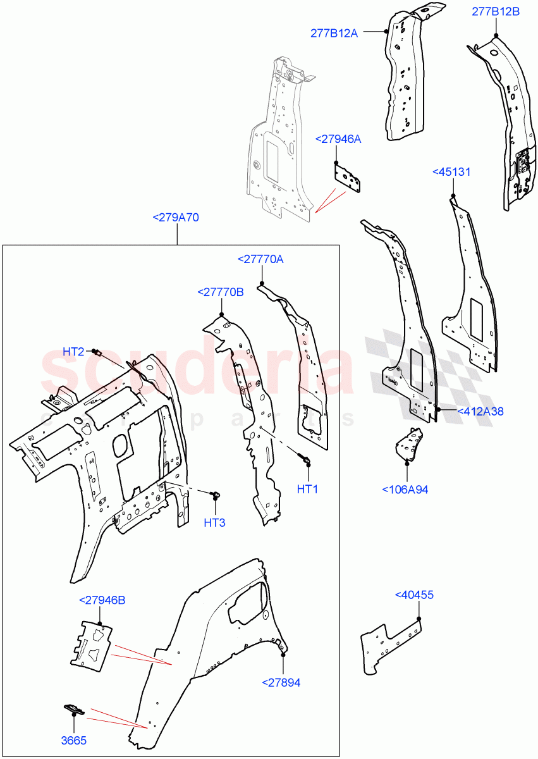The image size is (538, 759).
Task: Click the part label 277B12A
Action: pyautogui.click(x=334, y=34)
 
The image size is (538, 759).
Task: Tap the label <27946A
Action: pyautogui.click(x=338, y=139)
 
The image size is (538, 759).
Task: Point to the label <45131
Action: pyautogui.click(x=451, y=172)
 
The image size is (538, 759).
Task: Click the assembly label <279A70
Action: pyautogui.click(x=176, y=218)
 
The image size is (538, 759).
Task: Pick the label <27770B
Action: pyautogui.click(x=220, y=292)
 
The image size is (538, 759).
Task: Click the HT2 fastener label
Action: pyautogui.click(x=73, y=352)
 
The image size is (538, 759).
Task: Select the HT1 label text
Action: pyautogui.click(x=308, y=489)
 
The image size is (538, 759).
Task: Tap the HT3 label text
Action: pyautogui.click(x=214, y=522)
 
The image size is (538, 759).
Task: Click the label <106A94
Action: pyautogui.click(x=406, y=489)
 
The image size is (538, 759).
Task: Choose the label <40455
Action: pyautogui.click(x=414, y=595)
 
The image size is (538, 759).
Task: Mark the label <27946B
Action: pyautogui.click(x=102, y=600)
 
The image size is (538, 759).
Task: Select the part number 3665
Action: pyautogui.click(x=74, y=741)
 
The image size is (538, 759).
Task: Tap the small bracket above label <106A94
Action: pyautogui.click(x=408, y=444)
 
